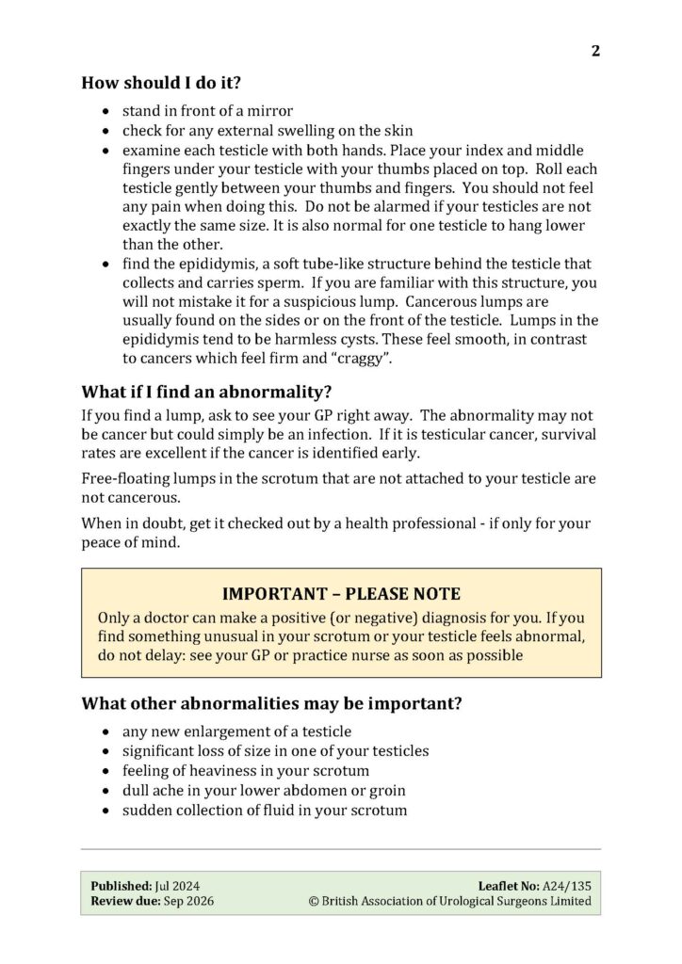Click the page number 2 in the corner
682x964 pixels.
595,51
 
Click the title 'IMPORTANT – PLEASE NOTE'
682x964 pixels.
341,594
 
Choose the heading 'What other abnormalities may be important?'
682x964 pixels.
271,703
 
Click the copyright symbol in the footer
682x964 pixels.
315,901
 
